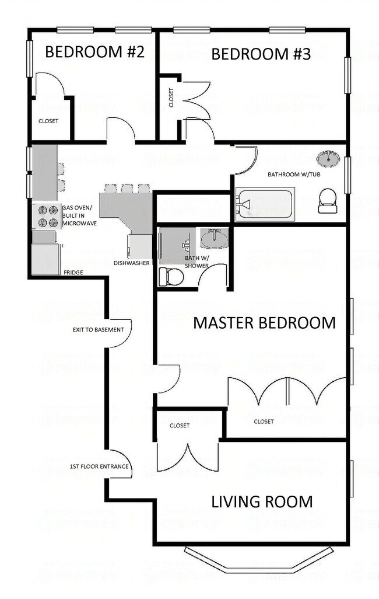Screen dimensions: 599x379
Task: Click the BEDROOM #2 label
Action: tap(94, 53)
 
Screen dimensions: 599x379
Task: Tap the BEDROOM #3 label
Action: tap(261, 54)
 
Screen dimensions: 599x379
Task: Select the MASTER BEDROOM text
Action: tap(265, 323)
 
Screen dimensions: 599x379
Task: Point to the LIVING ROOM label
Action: tap(262, 502)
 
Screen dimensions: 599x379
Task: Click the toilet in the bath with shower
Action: tap(171, 276)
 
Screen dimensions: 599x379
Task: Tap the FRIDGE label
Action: tap(73, 273)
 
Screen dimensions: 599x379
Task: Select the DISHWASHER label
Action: tap(132, 263)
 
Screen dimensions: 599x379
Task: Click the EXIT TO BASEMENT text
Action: tap(99, 330)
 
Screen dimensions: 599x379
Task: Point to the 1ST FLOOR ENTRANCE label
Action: tap(99, 466)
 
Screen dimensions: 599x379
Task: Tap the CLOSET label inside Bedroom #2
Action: tap(48, 121)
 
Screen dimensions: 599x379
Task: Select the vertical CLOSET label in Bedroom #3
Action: tap(171, 97)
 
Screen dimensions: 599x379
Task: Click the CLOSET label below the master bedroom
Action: tap(264, 422)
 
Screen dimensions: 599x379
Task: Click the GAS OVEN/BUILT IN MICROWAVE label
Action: tap(79, 215)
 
